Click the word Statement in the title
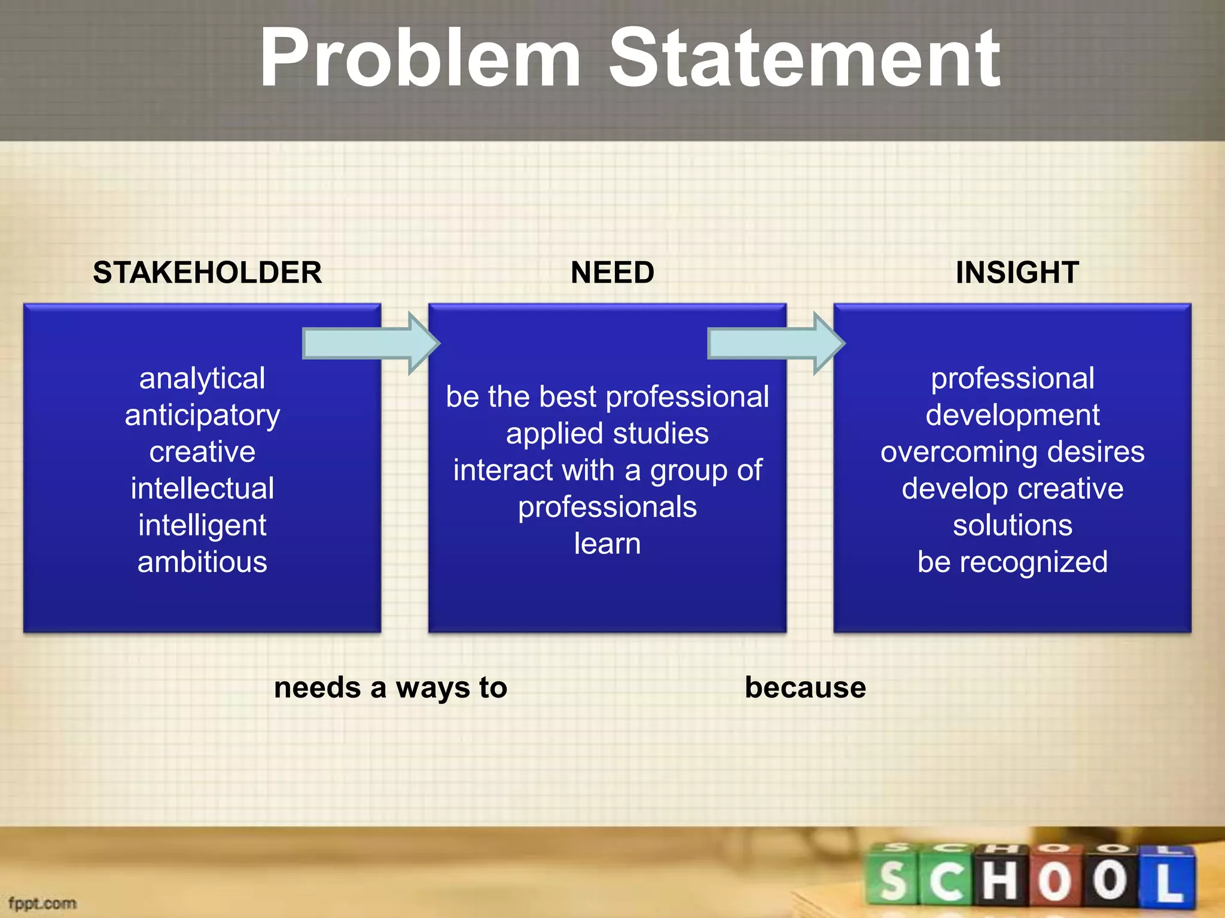(804, 59)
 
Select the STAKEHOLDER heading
(207, 273)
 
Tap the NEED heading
(612, 273)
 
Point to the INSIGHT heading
(1017, 273)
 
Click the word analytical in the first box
(202, 378)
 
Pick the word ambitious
(202, 562)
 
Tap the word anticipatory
(202, 415)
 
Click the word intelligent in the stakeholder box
(202, 525)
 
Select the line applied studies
(607, 433)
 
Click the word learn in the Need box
(607, 544)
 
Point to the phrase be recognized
(1012, 562)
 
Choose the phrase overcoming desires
(1012, 452)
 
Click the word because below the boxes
(805, 687)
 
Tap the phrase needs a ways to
(391, 687)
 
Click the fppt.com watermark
(42, 903)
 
